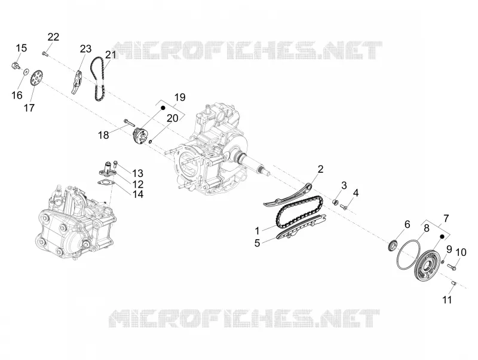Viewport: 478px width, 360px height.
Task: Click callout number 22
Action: (x=53, y=37)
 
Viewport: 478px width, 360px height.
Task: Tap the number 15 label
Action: (x=22, y=48)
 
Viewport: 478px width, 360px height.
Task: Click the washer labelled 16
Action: (x=26, y=72)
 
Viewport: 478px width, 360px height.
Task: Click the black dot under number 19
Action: (x=163, y=108)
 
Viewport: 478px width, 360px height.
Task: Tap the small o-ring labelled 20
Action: (x=151, y=141)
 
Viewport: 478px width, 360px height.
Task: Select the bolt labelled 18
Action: (x=129, y=123)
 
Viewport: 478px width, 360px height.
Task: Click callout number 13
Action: (x=138, y=173)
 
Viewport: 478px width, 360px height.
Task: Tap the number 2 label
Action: (x=320, y=169)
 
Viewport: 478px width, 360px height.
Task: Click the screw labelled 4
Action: (x=344, y=206)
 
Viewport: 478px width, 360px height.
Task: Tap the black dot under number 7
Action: (x=442, y=236)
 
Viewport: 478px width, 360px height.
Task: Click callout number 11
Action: (x=447, y=300)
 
